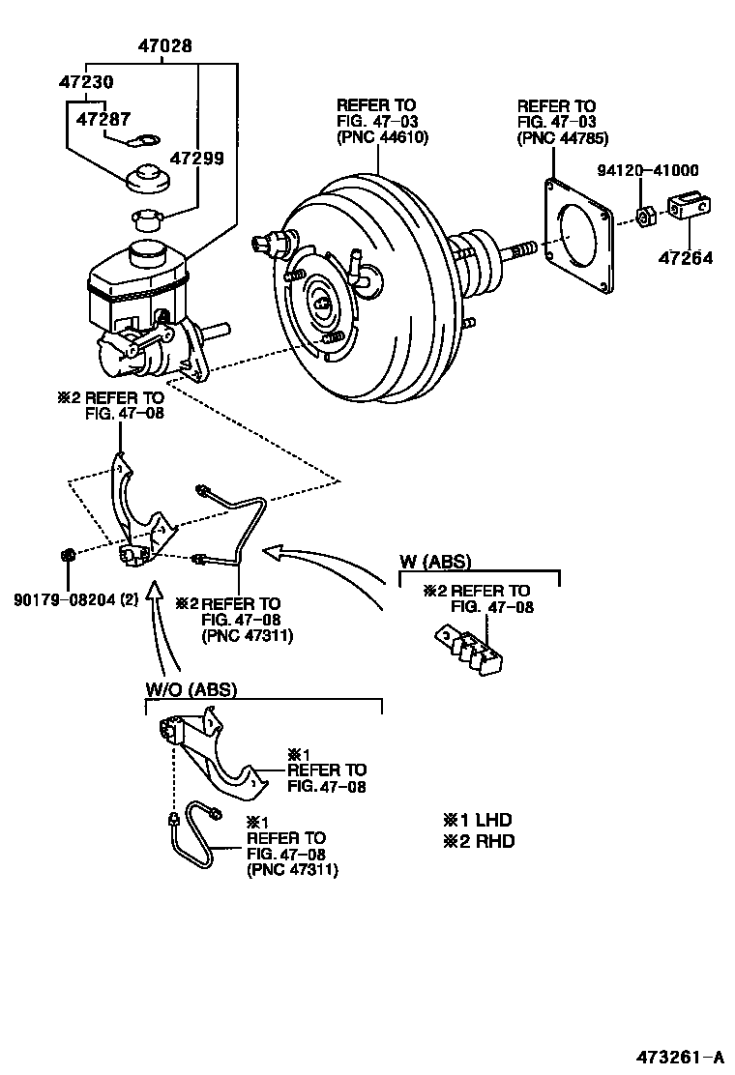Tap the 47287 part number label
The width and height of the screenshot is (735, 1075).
tap(103, 121)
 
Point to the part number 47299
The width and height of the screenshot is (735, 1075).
tap(197, 157)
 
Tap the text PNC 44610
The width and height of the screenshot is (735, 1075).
tap(382, 136)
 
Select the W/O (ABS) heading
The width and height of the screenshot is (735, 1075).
tap(191, 689)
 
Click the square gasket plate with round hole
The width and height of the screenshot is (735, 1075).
tap(579, 238)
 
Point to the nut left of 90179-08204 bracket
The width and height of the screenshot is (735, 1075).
tap(69, 555)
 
